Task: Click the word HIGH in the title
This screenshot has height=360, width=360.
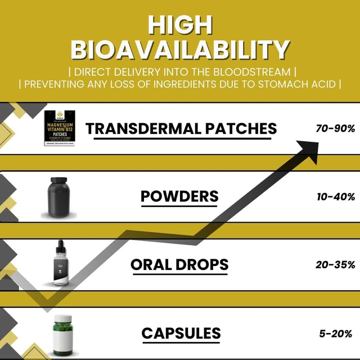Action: tap(180, 25)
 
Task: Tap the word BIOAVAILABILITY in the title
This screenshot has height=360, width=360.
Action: tap(180, 49)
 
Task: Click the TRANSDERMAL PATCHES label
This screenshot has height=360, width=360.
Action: tap(181, 129)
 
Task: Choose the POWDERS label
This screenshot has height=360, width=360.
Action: tap(179, 197)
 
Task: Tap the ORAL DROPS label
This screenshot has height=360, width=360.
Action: tap(179, 264)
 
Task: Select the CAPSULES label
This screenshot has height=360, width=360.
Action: tap(181, 333)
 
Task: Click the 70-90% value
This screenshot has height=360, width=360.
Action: tap(335, 129)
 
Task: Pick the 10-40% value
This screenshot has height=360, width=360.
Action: tap(335, 197)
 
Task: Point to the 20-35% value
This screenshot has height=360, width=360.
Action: tap(335, 264)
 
